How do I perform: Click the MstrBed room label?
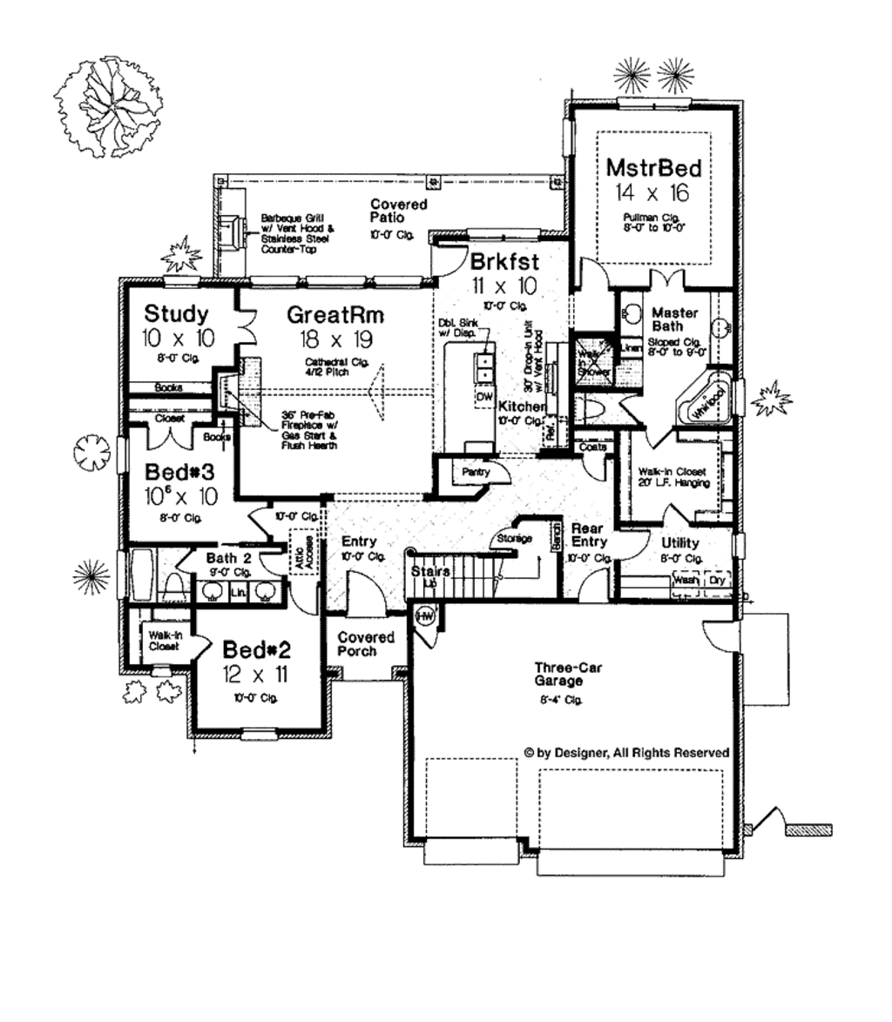(x=653, y=166)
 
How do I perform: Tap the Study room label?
(x=176, y=313)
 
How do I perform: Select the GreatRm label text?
(x=336, y=313)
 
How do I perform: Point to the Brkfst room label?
(x=504, y=261)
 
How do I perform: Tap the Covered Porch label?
(x=366, y=644)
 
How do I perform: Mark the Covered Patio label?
(x=398, y=211)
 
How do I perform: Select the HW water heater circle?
(x=425, y=617)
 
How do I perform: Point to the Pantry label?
(x=476, y=473)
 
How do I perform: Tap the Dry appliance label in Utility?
(x=717, y=579)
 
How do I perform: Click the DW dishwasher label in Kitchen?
(x=483, y=397)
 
